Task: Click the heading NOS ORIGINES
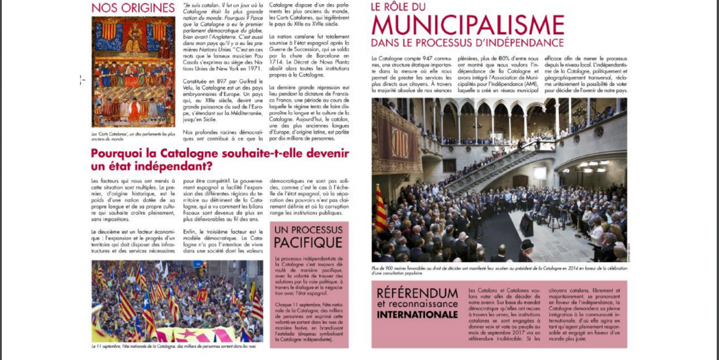tap(133, 8)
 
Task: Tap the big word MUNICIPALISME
tap(468, 26)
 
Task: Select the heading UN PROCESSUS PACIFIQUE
tap(309, 236)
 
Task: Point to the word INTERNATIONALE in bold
tap(417, 314)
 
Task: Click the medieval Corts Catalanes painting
tap(133, 71)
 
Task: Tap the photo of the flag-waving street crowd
tap(177, 301)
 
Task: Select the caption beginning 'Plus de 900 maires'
tap(492, 270)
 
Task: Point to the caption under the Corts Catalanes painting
tap(133, 137)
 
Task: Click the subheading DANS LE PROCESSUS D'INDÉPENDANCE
tap(467, 43)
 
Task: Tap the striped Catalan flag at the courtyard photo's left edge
tap(380, 209)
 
